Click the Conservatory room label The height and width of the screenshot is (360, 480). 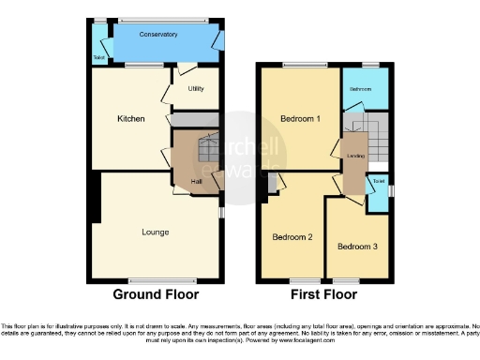tap(157, 35)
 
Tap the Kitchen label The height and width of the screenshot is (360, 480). tap(130, 119)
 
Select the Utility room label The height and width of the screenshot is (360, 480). tap(196, 89)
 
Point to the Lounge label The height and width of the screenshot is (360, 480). tap(156, 231)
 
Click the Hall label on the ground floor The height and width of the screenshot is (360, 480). tap(197, 181)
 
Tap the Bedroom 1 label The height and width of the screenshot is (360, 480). tap(300, 119)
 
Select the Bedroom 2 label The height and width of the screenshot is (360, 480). tap(292, 237)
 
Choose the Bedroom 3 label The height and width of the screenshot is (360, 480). tap(357, 247)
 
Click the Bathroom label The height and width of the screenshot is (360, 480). tap(362, 88)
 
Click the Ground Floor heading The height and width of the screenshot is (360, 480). tap(156, 294)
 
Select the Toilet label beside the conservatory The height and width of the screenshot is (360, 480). tap(98, 57)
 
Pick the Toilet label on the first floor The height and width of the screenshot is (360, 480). tap(378, 181)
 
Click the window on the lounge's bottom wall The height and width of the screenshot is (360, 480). tap(156, 280)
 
